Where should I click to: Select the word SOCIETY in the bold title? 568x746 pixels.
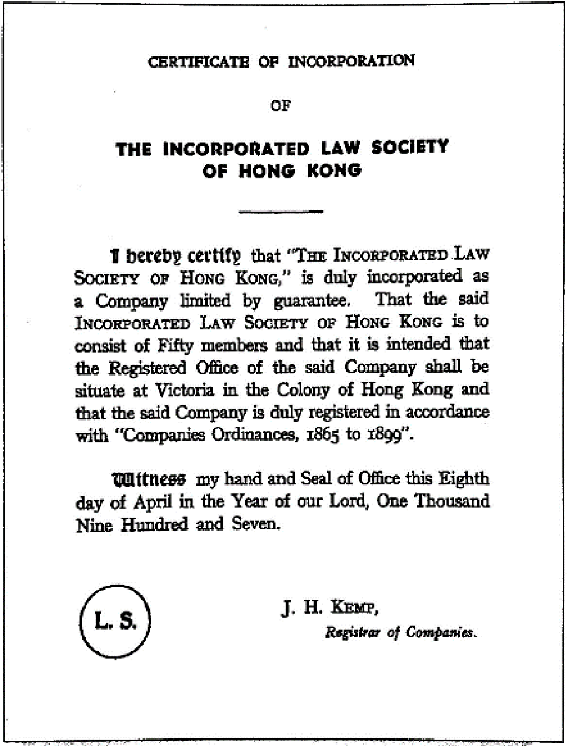[410, 148]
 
